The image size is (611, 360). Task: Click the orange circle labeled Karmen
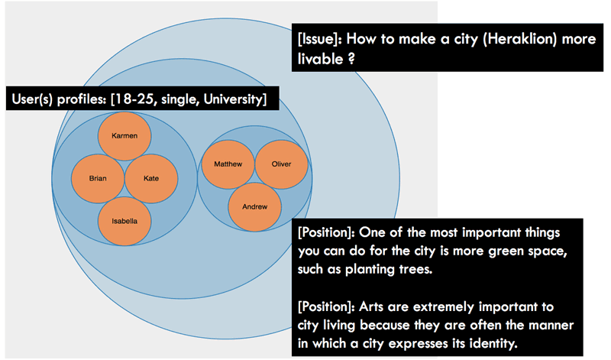(124, 136)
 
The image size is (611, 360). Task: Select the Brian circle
(98, 178)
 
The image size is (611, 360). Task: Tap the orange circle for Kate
(151, 178)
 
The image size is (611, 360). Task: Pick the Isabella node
(124, 221)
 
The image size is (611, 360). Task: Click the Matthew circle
(228, 164)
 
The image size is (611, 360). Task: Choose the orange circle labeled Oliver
(281, 164)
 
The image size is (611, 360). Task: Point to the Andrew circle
(255, 206)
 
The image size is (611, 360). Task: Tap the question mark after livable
(351, 59)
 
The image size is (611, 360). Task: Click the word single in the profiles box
(180, 99)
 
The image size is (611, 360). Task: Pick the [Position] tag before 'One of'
(326, 232)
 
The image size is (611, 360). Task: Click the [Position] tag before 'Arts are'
(326, 306)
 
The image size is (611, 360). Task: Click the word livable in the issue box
(320, 59)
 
